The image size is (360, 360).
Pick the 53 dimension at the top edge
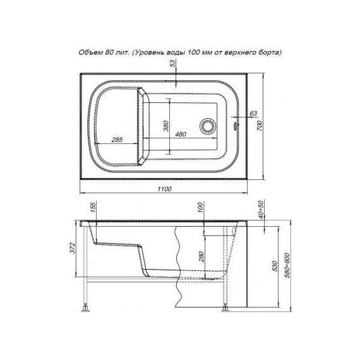[x=172, y=63]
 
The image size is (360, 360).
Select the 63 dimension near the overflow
[x=253, y=114]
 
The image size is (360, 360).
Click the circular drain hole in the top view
[x=207, y=126]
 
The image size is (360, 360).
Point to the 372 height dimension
[x=73, y=248]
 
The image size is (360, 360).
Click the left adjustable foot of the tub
[x=87, y=309]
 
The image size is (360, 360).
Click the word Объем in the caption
[x=88, y=52]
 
